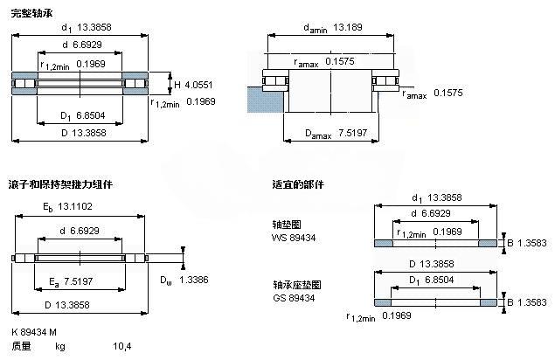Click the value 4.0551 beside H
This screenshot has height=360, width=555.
click(200, 85)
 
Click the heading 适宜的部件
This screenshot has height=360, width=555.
click(298, 185)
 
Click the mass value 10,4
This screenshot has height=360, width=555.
click(123, 348)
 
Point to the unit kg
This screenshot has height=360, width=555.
click(60, 348)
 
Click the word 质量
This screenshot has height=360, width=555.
click(21, 348)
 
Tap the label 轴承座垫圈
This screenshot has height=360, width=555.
click(291, 285)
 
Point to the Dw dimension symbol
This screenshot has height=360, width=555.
click(164, 280)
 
